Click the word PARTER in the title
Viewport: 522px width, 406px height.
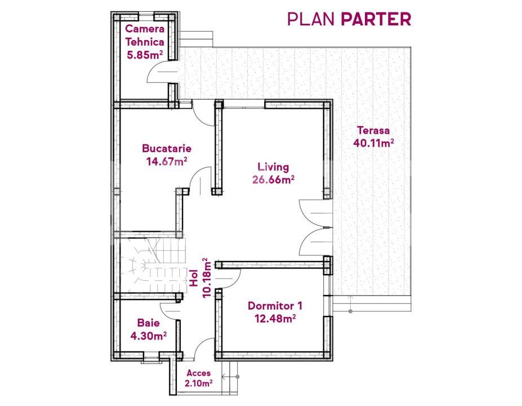(x=376, y=19)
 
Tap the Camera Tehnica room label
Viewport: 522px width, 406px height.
(x=145, y=35)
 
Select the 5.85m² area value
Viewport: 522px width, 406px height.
(x=145, y=55)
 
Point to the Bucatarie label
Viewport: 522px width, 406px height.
(x=167, y=149)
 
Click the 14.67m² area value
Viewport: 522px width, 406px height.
(x=167, y=161)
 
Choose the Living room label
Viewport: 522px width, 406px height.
(x=273, y=167)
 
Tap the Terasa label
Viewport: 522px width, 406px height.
(x=373, y=130)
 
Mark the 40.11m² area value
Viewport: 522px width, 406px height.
(x=373, y=143)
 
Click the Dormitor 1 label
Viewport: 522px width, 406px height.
(x=275, y=306)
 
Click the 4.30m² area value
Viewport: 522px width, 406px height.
(x=148, y=336)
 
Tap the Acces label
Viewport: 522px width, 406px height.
(x=198, y=373)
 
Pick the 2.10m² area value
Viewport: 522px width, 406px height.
(x=198, y=383)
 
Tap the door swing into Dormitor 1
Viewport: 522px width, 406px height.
(x=230, y=277)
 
